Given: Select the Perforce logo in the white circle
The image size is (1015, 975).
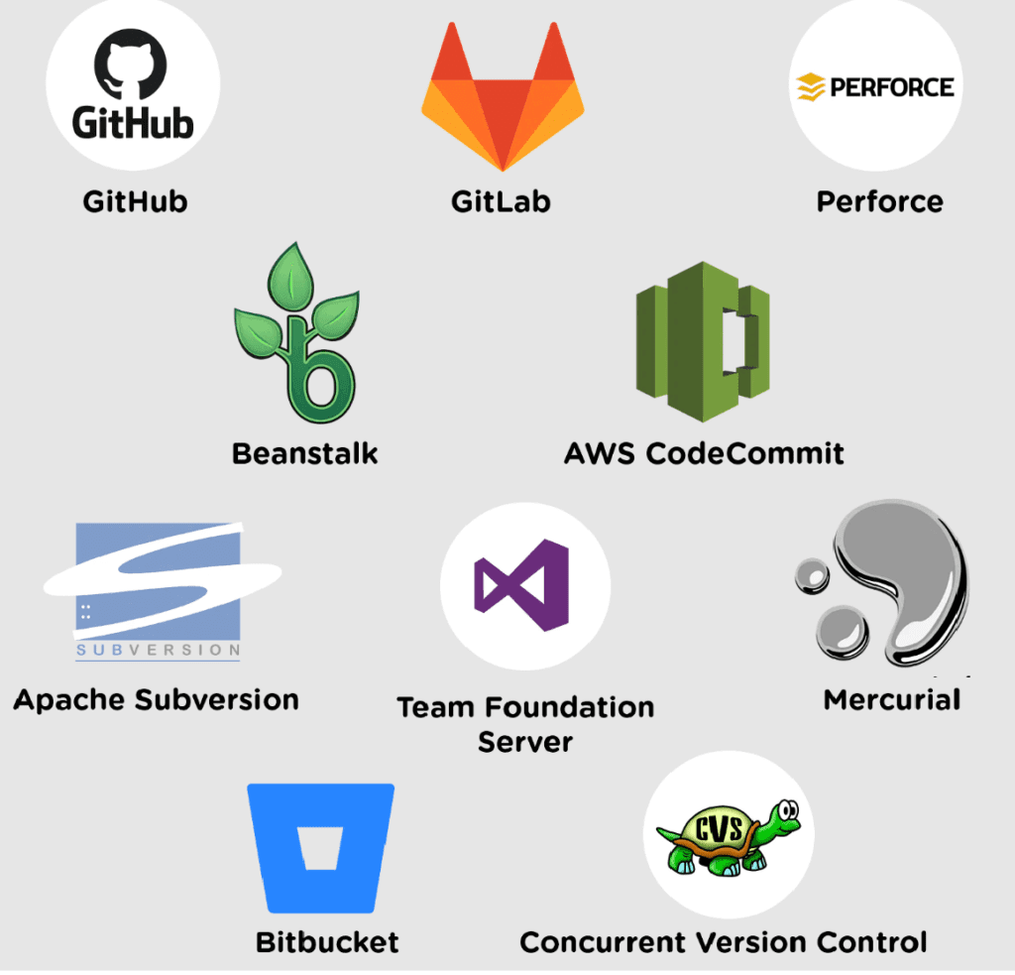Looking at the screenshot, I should (x=876, y=86).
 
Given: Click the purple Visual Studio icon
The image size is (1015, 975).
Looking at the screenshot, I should (x=523, y=593).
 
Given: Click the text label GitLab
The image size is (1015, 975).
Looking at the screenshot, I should (x=501, y=202).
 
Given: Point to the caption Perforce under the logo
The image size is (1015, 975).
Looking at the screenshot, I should (x=879, y=202).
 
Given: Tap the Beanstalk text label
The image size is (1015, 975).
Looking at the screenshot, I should (x=304, y=454).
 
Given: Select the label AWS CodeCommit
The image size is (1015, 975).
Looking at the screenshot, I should (x=704, y=454).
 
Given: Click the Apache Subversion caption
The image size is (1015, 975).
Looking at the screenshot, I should (x=156, y=700).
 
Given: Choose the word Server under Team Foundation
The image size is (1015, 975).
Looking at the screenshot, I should (x=525, y=742).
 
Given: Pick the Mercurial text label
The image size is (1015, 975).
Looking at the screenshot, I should (x=892, y=700).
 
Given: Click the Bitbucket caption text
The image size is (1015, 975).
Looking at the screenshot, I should (x=327, y=941).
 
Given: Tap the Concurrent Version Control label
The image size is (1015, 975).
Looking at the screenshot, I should (x=724, y=941).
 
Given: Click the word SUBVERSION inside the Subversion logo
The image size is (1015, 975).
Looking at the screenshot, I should (x=159, y=652).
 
